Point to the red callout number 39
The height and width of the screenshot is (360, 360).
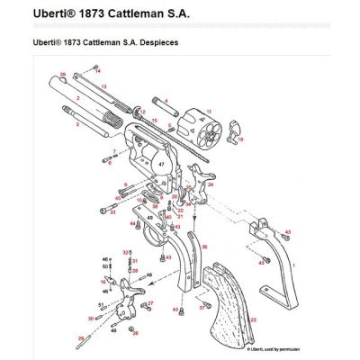pyautogui.click(x=62, y=75)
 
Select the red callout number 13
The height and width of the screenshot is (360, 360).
pyautogui.click(x=104, y=86)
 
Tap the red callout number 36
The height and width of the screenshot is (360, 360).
pyautogui.click(x=204, y=246)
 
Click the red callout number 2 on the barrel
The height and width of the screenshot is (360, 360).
pyautogui.click(x=79, y=96)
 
